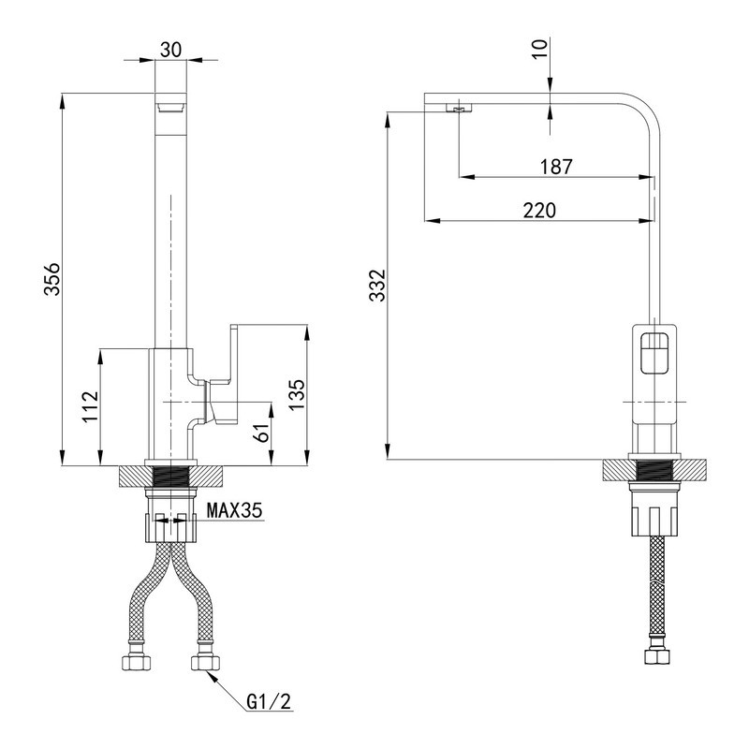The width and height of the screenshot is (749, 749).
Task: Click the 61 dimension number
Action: point(263,433)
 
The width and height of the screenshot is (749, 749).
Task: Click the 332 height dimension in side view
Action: point(377,286)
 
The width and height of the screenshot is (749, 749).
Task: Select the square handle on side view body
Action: point(655,357)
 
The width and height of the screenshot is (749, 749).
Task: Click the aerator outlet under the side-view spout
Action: point(459,110)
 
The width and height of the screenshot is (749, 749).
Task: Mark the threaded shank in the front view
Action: point(170,475)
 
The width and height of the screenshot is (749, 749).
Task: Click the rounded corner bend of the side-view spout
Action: point(644,110)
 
